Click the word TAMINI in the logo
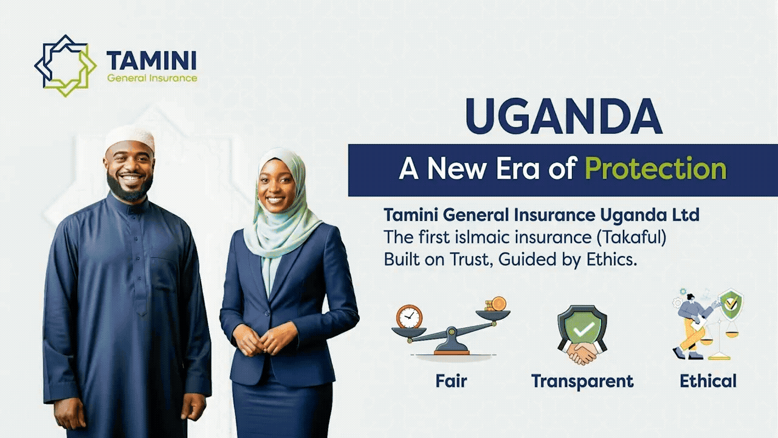[x=151, y=60]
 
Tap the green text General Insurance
[x=152, y=78]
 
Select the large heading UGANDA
[x=564, y=116]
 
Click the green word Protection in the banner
[x=656, y=169]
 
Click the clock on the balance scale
[x=409, y=317]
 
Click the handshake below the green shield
[x=582, y=352]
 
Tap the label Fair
[x=451, y=381]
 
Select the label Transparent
[x=582, y=381]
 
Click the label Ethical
[x=708, y=381]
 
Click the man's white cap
[x=130, y=138]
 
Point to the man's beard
[x=130, y=189]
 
